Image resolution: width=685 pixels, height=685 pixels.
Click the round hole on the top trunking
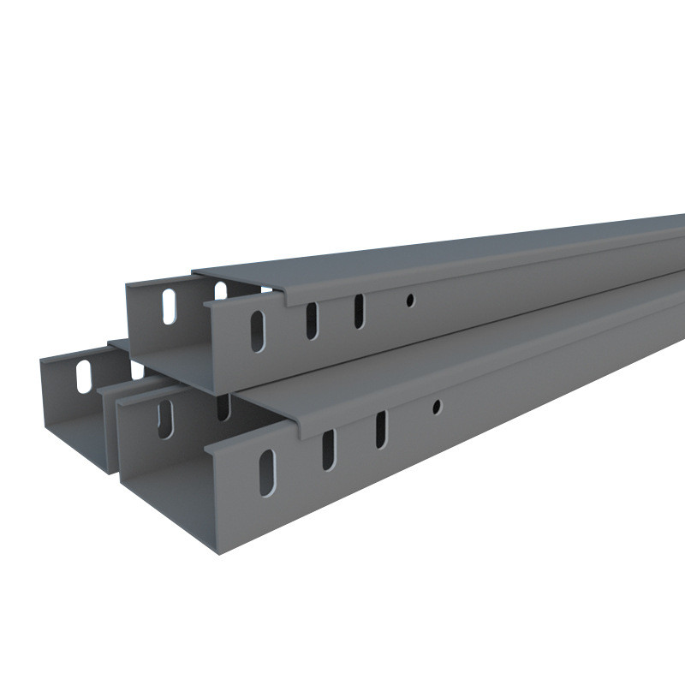pyautogui.click(x=410, y=300)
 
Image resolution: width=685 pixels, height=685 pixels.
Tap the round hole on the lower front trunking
pyautogui.click(x=436, y=407)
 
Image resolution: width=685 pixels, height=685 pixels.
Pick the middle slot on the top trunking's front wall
pyautogui.click(x=312, y=319)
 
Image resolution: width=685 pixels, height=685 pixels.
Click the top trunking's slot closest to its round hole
pyautogui.click(x=359, y=311)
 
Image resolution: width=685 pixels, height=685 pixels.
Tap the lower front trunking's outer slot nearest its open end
pyautogui.click(x=268, y=472)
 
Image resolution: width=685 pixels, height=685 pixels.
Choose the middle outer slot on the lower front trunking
pyautogui.click(x=328, y=450)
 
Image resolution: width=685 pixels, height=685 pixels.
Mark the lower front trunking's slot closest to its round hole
pyautogui.click(x=380, y=429)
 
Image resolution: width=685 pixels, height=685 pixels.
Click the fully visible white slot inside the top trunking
pyautogui.click(x=170, y=306)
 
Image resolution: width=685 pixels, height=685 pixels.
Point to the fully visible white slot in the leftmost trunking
pyautogui.click(x=84, y=376)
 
